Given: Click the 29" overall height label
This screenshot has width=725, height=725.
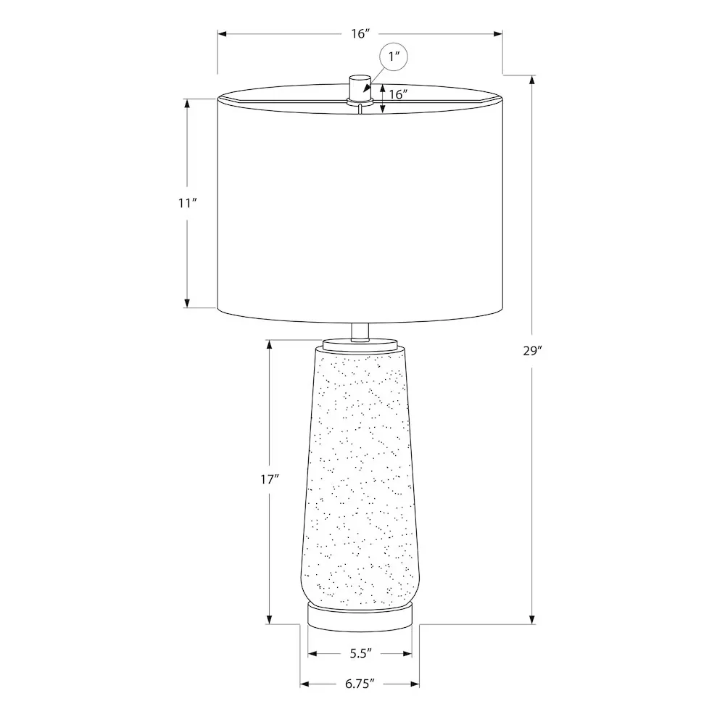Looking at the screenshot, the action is tap(532, 351).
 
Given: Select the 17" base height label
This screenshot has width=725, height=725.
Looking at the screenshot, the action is tap(270, 479).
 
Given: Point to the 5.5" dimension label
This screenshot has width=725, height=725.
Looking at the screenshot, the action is tap(360, 653).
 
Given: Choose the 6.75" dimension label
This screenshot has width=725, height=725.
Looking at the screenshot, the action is tap(360, 684).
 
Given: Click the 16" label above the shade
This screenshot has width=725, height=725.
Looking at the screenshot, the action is tap(360, 33).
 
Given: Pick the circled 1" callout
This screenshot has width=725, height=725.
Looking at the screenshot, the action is tap(394, 57).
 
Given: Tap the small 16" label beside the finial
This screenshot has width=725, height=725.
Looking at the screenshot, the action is tap(398, 94).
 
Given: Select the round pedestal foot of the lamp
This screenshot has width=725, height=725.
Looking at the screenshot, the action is tap(360, 616).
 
